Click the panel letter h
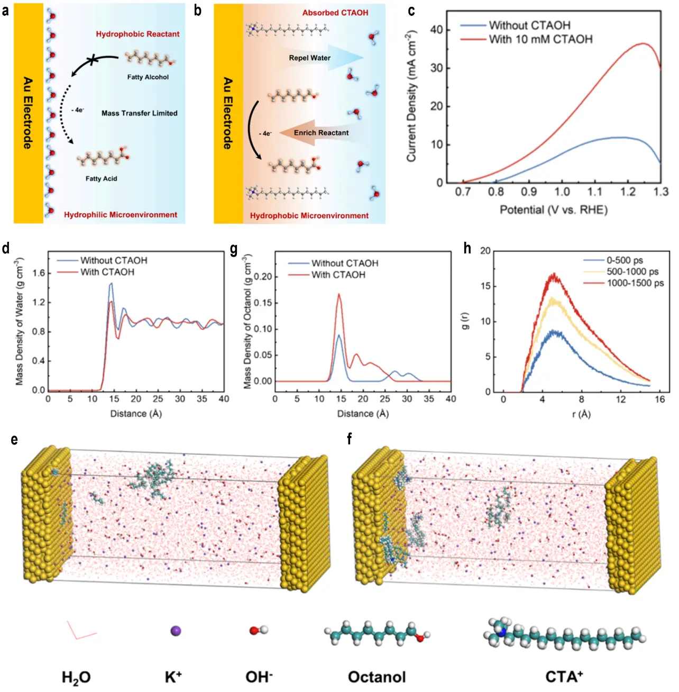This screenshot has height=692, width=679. (x=467, y=248)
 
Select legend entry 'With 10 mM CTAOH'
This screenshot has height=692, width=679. (x=540, y=39)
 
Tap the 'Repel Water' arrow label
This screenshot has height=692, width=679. (x=309, y=58)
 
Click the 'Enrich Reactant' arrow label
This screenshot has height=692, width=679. (x=321, y=133)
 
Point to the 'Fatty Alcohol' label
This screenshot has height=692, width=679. (x=148, y=77)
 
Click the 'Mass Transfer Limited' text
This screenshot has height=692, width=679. (x=139, y=113)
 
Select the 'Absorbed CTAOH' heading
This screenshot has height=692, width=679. (x=335, y=13)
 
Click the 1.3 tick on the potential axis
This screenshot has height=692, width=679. (x=661, y=192)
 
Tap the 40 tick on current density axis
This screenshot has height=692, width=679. (x=436, y=30)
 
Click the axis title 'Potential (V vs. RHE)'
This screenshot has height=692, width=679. (x=554, y=210)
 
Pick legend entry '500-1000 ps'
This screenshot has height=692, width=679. (x=632, y=272)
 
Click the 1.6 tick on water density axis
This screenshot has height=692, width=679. (x=39, y=273)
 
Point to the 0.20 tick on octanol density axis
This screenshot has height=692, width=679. (x=263, y=277)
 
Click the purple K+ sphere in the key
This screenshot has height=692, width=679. (x=176, y=631)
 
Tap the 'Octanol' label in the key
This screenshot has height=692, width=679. (x=377, y=677)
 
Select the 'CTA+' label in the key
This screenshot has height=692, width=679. (x=564, y=677)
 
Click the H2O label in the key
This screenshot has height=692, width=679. (x=76, y=678)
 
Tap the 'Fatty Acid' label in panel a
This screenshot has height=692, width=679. (x=101, y=179)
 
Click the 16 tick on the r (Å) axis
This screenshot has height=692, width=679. (x=659, y=399)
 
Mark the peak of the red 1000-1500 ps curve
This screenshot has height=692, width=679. (x=554, y=274)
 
